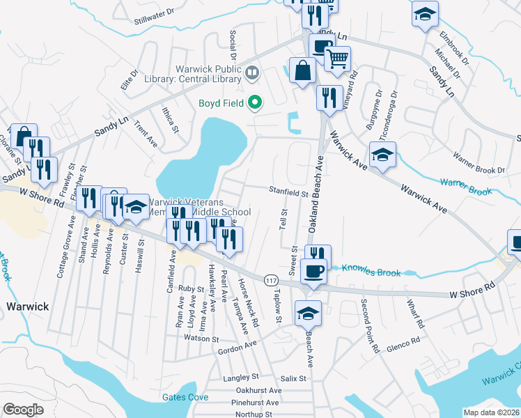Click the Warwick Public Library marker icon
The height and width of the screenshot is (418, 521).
tap(251, 71)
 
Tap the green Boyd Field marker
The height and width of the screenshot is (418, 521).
tap(254, 104)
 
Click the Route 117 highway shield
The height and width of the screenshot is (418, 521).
tap(270, 279)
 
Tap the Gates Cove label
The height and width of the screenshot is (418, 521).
tap(185, 397)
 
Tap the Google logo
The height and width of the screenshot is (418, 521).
tap(23, 410)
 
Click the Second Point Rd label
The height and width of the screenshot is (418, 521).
tap(369, 325)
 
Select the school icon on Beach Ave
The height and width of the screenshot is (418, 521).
tap(307, 314)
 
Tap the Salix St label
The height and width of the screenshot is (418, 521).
tap(293, 378)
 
